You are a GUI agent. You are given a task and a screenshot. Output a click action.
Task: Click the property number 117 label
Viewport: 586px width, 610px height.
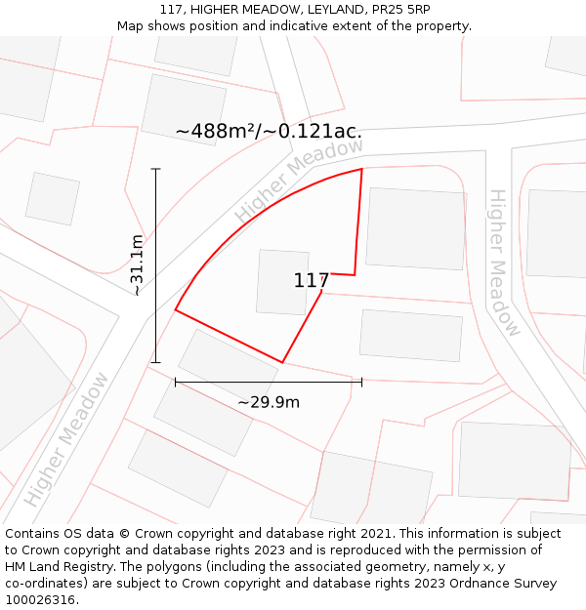pyautogui.click(x=311, y=281)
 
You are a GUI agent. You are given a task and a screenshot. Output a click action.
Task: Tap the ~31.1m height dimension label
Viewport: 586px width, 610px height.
pyautogui.click(x=137, y=264)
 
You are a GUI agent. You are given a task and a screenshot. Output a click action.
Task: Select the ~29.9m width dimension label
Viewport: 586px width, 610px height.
pyautogui.click(x=269, y=401)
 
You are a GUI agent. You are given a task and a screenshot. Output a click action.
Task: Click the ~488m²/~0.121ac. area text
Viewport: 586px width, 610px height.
pyautogui.click(x=269, y=132)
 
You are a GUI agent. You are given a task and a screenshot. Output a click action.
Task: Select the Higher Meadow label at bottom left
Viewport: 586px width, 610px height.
pyautogui.click(x=66, y=439)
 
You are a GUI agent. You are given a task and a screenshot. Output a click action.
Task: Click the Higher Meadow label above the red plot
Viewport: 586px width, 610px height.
pyautogui.click(x=299, y=180)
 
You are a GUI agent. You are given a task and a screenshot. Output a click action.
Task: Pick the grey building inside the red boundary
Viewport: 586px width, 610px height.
pyautogui.click(x=282, y=282)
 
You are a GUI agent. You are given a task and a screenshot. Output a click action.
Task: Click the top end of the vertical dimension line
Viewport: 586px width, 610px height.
pyautogui.click(x=155, y=169)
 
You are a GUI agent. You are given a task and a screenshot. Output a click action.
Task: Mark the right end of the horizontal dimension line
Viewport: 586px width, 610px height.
pyautogui.click(x=361, y=382)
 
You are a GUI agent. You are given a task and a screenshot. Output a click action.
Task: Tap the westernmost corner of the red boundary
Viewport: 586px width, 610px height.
pyautogui.click(x=176, y=310)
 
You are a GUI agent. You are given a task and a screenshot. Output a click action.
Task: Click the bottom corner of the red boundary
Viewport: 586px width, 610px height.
pyautogui.click(x=282, y=362)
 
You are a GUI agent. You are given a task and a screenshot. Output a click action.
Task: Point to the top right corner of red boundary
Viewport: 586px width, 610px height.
pyautogui.click(x=362, y=169)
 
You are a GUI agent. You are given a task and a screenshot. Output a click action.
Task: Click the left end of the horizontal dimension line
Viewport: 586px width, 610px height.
pyautogui.click(x=176, y=382)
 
